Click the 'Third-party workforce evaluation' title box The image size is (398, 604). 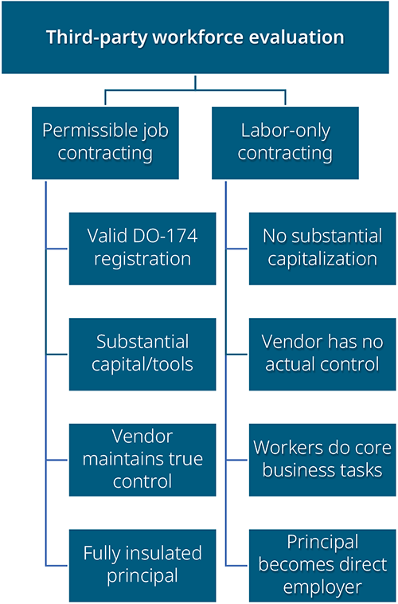tap(195, 37)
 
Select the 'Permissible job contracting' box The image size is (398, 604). tap(105, 143)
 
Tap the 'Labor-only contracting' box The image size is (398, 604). tap(285, 143)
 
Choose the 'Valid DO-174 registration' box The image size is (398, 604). tap(142, 249)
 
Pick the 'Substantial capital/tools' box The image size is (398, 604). tap(142, 355)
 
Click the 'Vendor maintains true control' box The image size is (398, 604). tap(142, 460)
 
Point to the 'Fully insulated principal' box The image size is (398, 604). tap(142, 566)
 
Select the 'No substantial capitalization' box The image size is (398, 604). tap(322, 249)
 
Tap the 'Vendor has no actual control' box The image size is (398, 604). tap(322, 355)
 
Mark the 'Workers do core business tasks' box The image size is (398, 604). tap(322, 460)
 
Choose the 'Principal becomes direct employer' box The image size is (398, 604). tap(322, 566)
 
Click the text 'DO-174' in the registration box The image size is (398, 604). tap(165, 236)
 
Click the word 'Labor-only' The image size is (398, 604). tap(285, 131)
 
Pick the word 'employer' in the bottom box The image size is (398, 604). tap(322, 588)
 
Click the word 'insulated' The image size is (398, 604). tap(165, 553)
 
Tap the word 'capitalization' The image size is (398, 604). tap(322, 259)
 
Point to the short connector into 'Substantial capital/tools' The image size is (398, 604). tap(57, 354)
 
